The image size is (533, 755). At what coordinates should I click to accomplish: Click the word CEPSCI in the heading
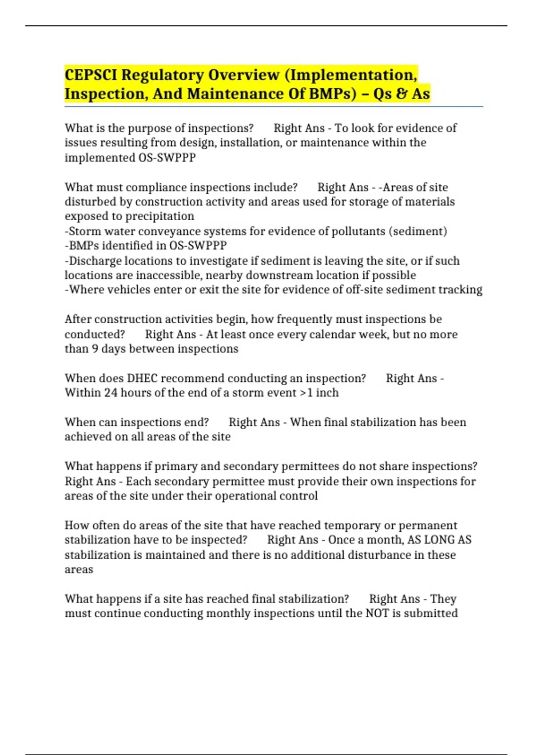pyautogui.click(x=91, y=75)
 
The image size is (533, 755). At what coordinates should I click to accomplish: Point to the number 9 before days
pyautogui.click(x=95, y=349)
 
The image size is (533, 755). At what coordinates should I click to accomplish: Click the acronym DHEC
pyautogui.click(x=142, y=378)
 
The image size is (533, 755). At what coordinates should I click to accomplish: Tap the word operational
pyautogui.click(x=234, y=496)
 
